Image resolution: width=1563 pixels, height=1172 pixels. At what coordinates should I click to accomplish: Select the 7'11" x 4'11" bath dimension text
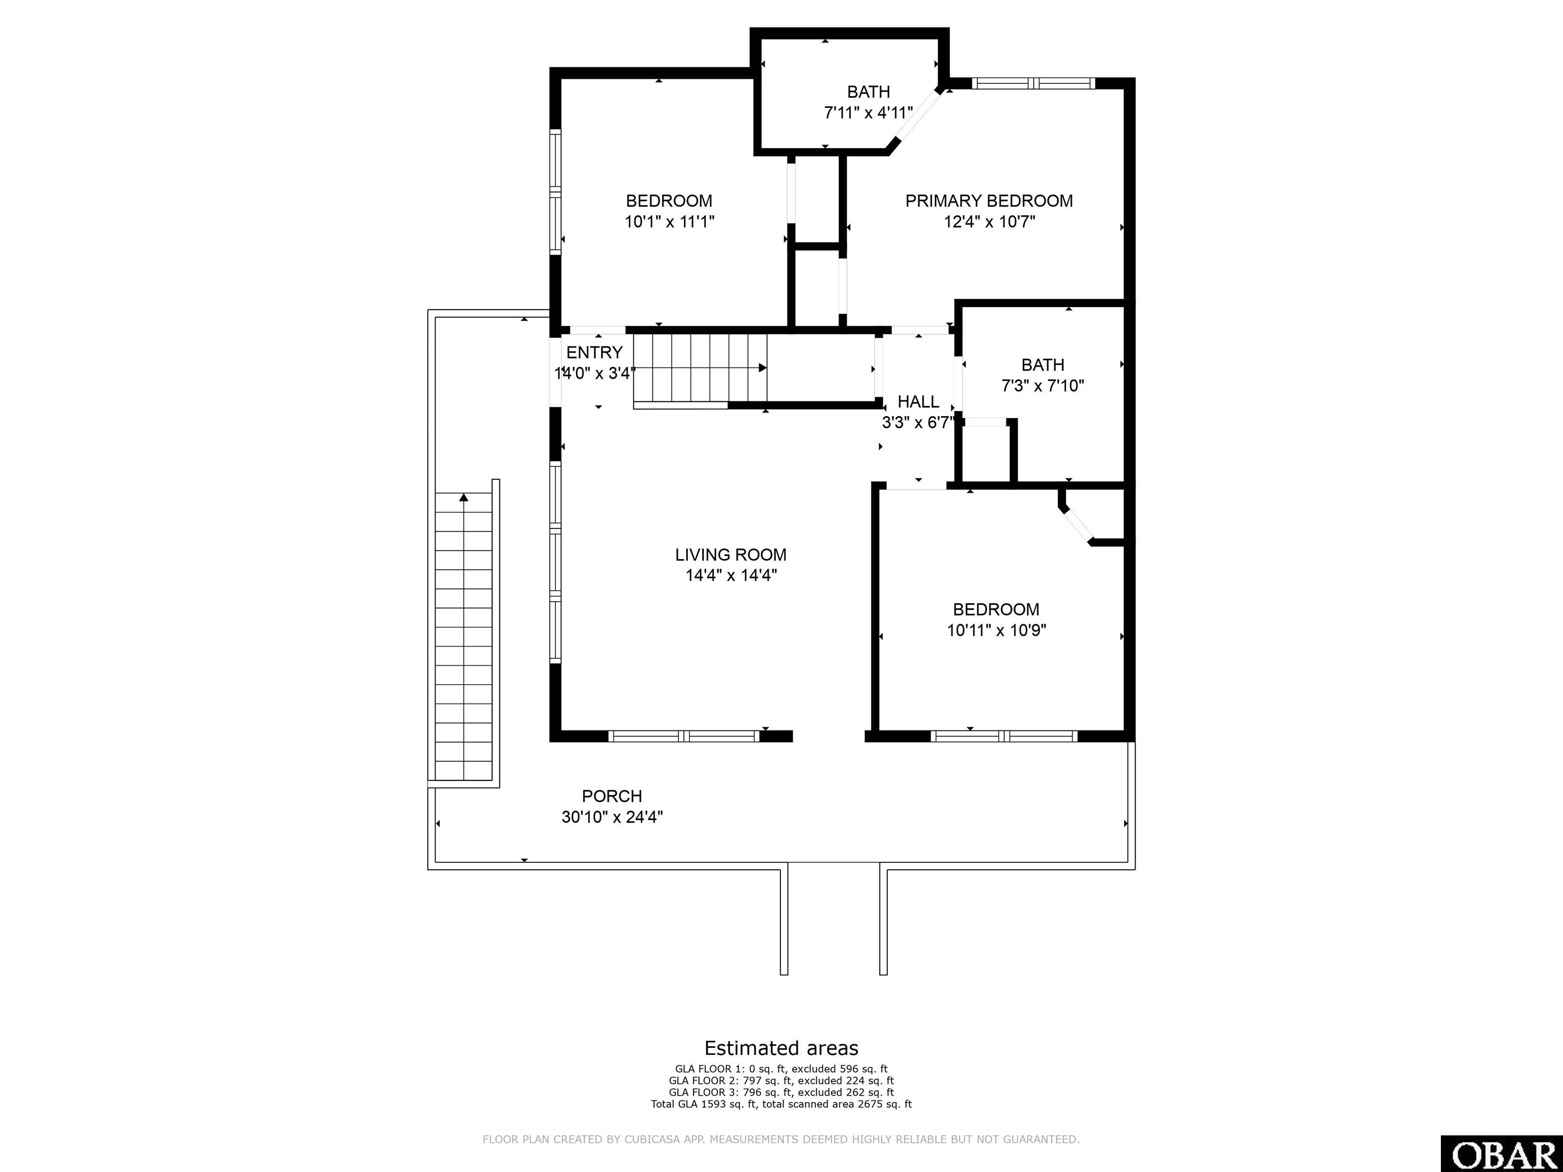click(x=869, y=113)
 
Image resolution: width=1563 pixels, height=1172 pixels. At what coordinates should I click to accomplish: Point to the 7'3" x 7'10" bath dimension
click(x=1042, y=386)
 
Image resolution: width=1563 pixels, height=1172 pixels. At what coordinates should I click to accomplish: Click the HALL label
click(x=918, y=402)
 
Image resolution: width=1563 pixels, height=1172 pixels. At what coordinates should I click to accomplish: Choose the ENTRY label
click(x=594, y=353)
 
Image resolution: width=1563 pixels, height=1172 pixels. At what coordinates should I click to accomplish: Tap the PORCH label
click(x=612, y=796)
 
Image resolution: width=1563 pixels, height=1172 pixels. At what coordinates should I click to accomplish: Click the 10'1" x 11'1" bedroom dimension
click(x=669, y=222)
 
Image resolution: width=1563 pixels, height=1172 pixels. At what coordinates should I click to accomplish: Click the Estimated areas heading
click(x=781, y=1048)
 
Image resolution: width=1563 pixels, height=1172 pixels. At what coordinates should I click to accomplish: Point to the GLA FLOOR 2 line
click(x=781, y=1080)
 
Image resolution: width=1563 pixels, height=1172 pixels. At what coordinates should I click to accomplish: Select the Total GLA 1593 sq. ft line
click(x=781, y=1103)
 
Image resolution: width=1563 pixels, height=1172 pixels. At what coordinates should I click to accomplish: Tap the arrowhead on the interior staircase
click(x=763, y=368)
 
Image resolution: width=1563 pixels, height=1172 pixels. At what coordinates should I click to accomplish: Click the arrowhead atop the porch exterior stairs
click(x=464, y=497)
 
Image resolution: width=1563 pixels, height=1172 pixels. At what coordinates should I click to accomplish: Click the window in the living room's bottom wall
click(x=683, y=736)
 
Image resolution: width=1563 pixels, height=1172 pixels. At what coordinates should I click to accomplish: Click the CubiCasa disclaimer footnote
click(x=781, y=1139)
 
